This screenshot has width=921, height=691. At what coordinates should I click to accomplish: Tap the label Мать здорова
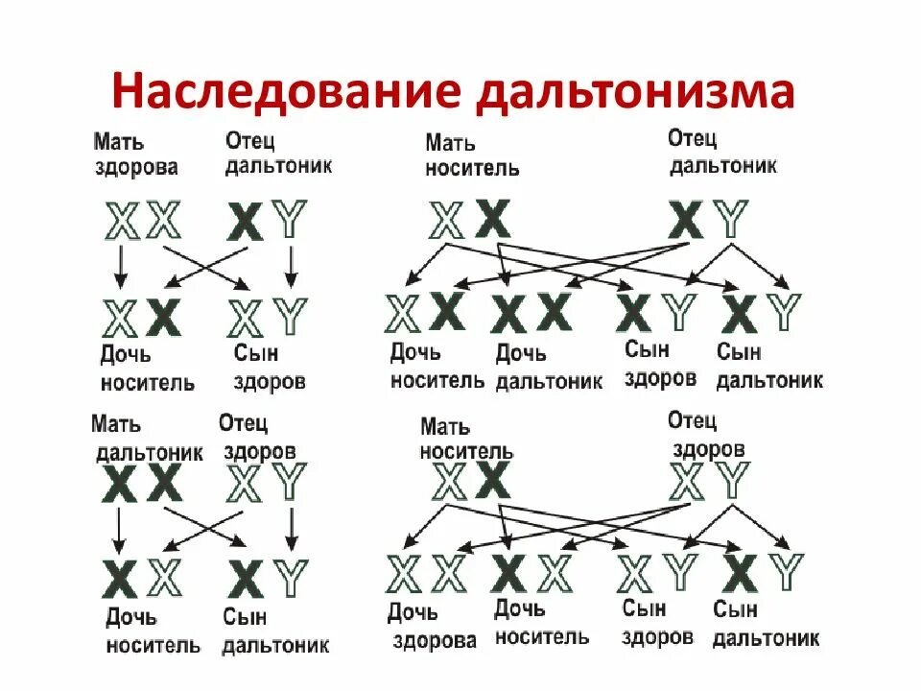(x=135, y=155)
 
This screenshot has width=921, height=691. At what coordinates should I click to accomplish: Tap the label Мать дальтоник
(x=148, y=438)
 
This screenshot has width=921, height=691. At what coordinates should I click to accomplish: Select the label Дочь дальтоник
(x=549, y=367)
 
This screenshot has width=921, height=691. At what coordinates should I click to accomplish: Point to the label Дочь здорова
(x=432, y=625)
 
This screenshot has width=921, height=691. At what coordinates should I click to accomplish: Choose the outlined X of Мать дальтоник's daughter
(x=164, y=577)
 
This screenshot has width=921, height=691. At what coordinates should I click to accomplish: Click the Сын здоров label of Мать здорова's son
(x=270, y=367)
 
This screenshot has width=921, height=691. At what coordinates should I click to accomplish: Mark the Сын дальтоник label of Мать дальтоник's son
(x=275, y=631)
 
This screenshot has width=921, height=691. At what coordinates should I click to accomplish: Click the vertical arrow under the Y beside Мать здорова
(x=290, y=266)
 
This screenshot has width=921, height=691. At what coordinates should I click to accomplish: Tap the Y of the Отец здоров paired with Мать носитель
(x=733, y=481)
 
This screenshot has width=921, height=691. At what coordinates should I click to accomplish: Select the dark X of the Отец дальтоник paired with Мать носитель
(x=686, y=220)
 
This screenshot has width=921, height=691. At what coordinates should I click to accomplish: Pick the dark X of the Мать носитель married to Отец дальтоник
(x=493, y=219)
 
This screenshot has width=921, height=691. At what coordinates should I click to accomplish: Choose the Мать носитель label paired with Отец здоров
(x=466, y=438)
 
